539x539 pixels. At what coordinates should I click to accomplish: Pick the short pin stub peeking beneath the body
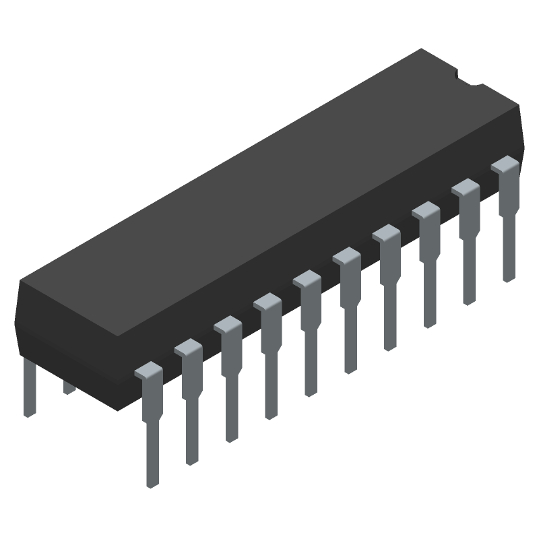pos(69,387)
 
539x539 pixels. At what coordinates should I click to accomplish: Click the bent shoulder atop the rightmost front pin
pos(505,164)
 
